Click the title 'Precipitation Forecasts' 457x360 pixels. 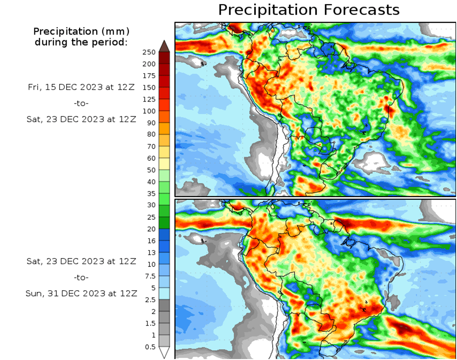(309, 10)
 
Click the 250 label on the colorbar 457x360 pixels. (149, 52)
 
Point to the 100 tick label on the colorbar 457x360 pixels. (149, 111)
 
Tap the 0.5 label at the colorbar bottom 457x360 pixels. (150, 347)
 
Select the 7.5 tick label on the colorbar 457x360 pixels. (150, 276)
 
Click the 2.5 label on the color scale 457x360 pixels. (150, 300)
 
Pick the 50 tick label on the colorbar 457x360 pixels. (151, 170)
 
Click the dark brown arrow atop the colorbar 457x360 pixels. (164, 46)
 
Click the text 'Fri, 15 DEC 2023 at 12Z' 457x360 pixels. (81, 87)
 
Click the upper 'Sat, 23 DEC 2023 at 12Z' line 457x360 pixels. (81, 119)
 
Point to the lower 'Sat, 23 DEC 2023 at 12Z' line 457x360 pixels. (81, 261)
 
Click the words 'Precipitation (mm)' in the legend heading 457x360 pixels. (81, 32)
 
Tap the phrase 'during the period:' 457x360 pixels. (81, 42)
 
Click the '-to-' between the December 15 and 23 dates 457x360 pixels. (81, 103)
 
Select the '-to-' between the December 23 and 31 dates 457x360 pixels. (81, 277)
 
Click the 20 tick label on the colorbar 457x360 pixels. (151, 229)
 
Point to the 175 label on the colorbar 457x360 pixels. (149, 75)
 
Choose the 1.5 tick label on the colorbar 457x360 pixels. (150, 324)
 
